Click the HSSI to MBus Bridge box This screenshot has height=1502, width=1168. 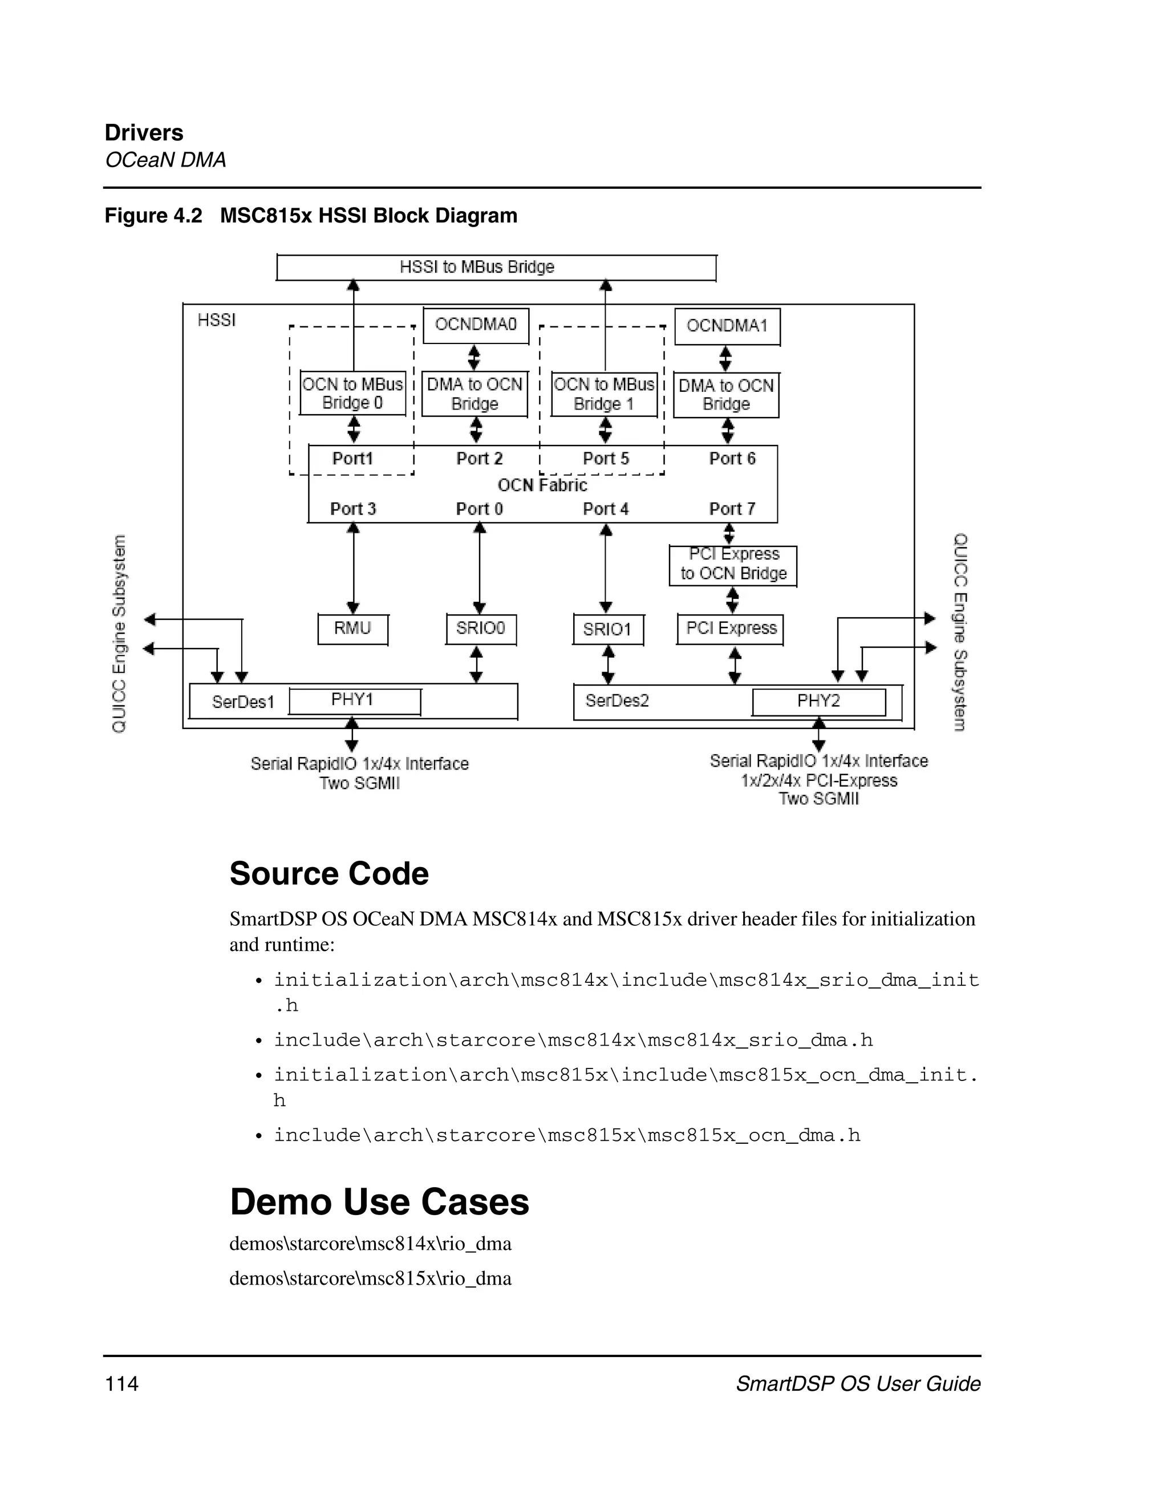click(x=496, y=268)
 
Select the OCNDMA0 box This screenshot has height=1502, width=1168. click(x=476, y=325)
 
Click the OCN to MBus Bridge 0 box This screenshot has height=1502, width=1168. click(x=352, y=394)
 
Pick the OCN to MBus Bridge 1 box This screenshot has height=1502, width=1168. click(x=605, y=394)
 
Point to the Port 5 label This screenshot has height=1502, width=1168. click(x=606, y=459)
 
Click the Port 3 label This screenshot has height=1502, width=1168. click(x=352, y=509)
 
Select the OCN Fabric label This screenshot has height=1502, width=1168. click(x=542, y=485)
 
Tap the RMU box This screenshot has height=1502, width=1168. click(x=352, y=629)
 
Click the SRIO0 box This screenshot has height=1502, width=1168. click(x=481, y=629)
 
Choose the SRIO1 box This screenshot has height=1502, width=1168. click(x=608, y=630)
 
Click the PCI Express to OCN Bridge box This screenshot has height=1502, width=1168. click(x=733, y=565)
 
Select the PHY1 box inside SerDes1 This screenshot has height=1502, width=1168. click(x=354, y=701)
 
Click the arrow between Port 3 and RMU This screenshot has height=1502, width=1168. click(x=354, y=568)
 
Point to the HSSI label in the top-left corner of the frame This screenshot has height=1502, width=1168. click(x=217, y=321)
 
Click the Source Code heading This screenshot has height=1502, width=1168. click(x=328, y=874)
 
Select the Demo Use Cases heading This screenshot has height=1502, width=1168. click(x=379, y=1202)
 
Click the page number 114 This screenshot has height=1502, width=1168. click(x=121, y=1384)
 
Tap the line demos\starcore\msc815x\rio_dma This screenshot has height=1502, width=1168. click(x=370, y=1278)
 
